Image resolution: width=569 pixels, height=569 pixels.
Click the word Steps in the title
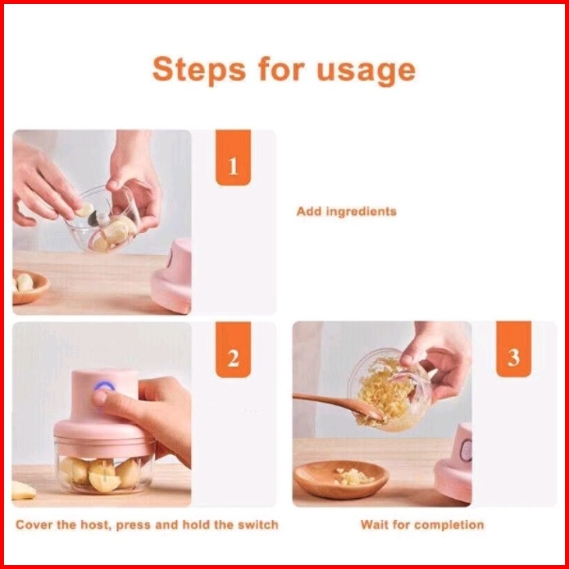click(200, 69)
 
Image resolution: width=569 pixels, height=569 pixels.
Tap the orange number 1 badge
click(233, 157)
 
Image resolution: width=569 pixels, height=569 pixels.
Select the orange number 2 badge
click(233, 349)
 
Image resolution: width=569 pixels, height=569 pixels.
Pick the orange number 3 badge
click(514, 349)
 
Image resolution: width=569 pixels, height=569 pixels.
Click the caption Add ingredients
click(347, 211)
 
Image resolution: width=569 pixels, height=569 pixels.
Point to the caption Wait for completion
click(422, 525)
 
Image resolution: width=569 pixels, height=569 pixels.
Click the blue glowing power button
click(104, 386)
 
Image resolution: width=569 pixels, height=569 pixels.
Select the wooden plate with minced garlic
click(341, 479)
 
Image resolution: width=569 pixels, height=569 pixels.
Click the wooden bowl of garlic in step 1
click(28, 287)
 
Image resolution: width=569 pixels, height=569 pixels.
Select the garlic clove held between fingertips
click(86, 210)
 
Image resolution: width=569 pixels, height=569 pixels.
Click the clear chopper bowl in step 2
click(104, 468)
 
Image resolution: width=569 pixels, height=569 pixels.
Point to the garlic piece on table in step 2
click(23, 490)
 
